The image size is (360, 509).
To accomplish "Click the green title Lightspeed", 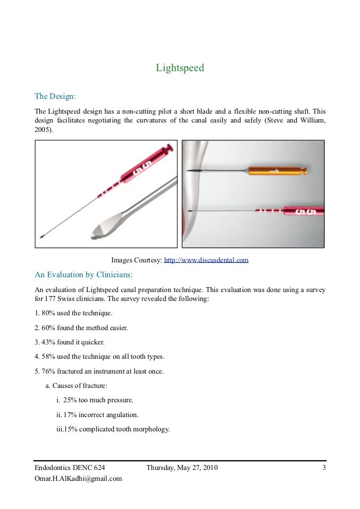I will [x=180, y=68].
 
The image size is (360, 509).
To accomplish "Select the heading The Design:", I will [x=55, y=95].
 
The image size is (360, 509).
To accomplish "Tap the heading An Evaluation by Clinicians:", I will [x=84, y=274].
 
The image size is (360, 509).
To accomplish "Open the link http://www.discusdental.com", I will [x=206, y=260].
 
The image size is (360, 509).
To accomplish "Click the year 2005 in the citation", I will [x=42, y=129].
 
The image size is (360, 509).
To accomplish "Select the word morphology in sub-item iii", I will [x=151, y=429].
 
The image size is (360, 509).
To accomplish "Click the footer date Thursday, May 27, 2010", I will [x=181, y=467].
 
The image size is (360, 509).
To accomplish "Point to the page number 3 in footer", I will [x=323, y=467].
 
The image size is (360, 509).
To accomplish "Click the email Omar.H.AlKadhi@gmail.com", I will [x=78, y=478].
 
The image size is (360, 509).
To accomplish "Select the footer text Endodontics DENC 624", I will [x=70, y=467].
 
